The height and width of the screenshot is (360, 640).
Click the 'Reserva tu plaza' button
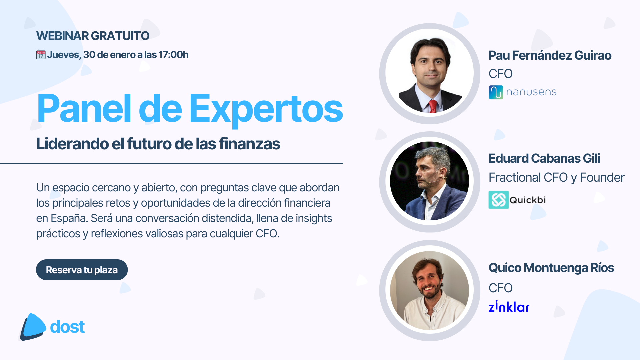pyautogui.click(x=82, y=270)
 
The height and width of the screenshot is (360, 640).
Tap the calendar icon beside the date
pyautogui.click(x=41, y=55)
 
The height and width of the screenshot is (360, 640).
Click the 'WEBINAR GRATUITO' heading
pyautogui.click(x=93, y=36)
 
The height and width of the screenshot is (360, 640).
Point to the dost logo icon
pyautogui.click(x=33, y=327)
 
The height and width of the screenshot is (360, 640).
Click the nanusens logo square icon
pyautogui.click(x=496, y=92)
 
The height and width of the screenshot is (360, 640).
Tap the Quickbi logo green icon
pyautogui.click(x=498, y=200)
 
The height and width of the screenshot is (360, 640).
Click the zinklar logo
pyautogui.click(x=509, y=306)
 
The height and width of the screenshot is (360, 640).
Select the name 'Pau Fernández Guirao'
pyautogui.click(x=550, y=55)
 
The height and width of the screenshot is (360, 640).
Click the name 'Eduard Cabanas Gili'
pyautogui.click(x=544, y=158)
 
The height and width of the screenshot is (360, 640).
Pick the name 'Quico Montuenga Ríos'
pyautogui.click(x=551, y=268)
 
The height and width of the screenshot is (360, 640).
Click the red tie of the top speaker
pyautogui.click(x=432, y=106)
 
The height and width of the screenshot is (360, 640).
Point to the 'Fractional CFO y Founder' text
pyautogui.click(x=557, y=178)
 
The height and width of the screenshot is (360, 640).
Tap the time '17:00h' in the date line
pyautogui.click(x=173, y=55)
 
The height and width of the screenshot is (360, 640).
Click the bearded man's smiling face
pyautogui.click(x=428, y=280)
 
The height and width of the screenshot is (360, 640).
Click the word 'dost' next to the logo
pyautogui.click(x=67, y=327)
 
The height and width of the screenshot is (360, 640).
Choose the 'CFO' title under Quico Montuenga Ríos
pyautogui.click(x=501, y=288)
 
